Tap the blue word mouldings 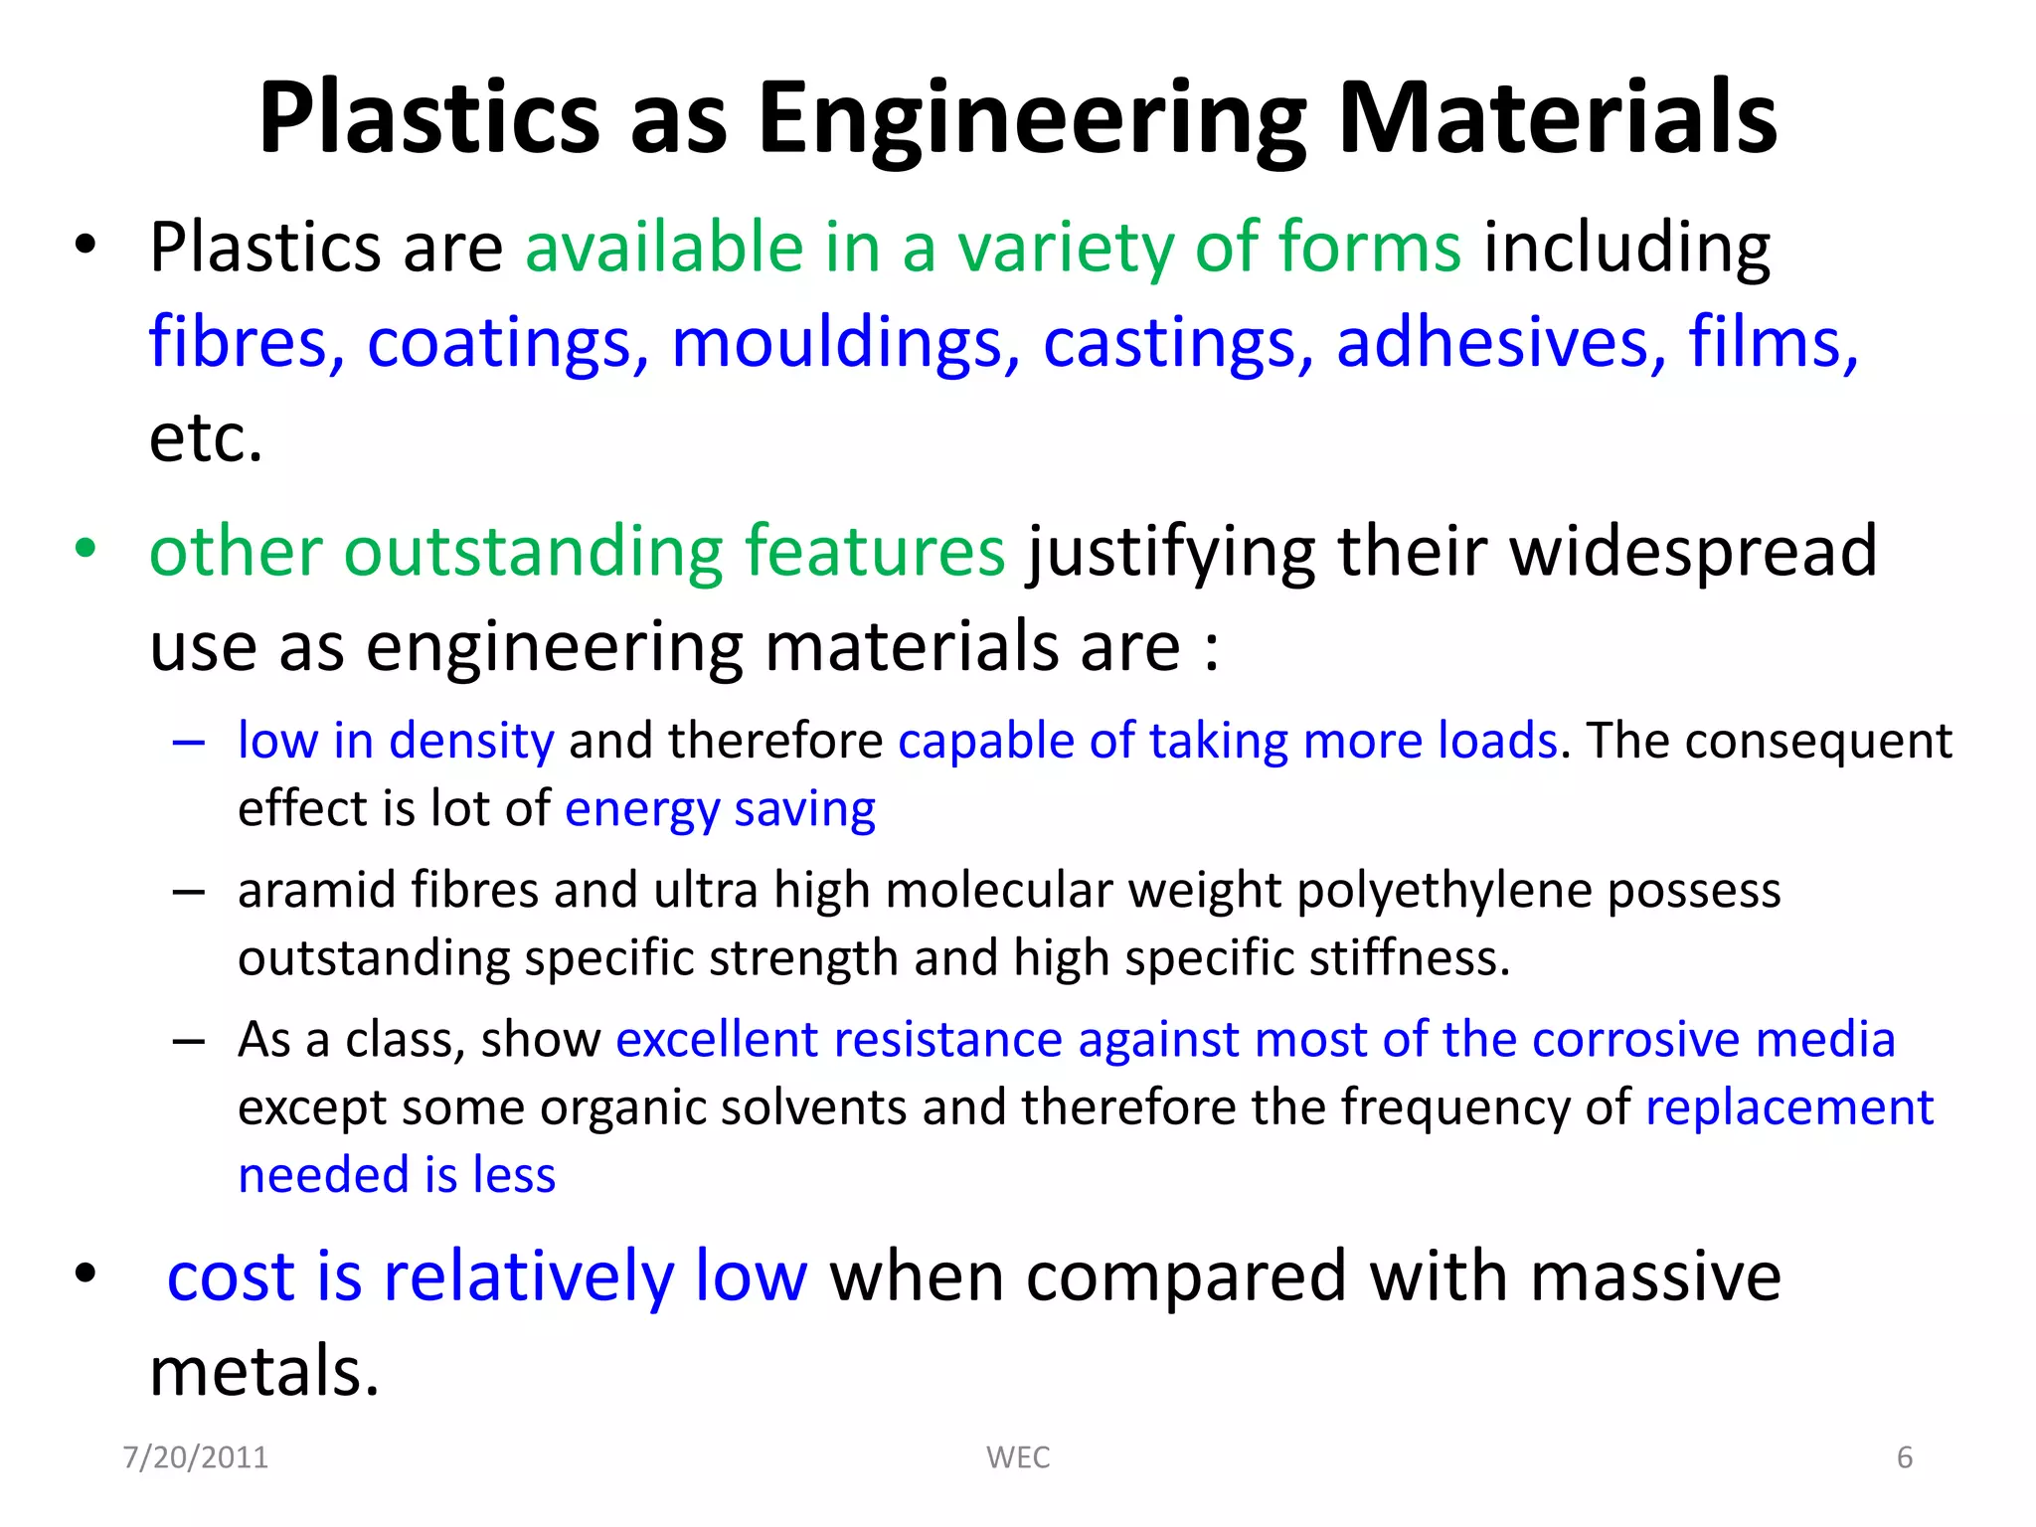[845, 344]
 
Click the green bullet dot [86, 548]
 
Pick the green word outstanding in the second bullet [533, 551]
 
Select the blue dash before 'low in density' [188, 742]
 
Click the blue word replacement [1788, 1107]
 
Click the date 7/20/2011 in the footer [196, 1457]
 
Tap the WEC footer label [1018, 1457]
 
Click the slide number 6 [1904, 1457]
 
